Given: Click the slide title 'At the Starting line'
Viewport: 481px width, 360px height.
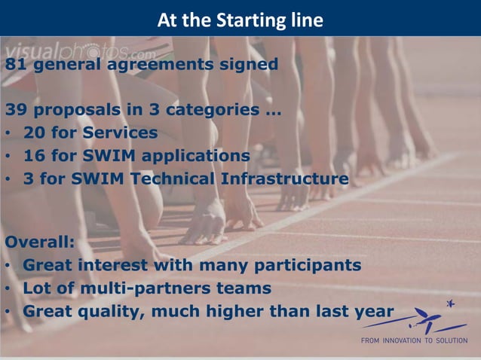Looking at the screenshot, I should coord(240,20).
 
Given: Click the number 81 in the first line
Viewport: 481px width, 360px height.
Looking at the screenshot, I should coord(15,64).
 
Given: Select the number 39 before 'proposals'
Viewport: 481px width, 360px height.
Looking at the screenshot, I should coord(15,111).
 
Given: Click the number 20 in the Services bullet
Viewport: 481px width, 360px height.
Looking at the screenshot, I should coord(34,133).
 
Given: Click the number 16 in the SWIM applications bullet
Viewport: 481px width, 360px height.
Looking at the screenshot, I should coord(34,156).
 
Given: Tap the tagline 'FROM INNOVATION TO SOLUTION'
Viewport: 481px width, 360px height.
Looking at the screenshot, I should coord(414,340).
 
